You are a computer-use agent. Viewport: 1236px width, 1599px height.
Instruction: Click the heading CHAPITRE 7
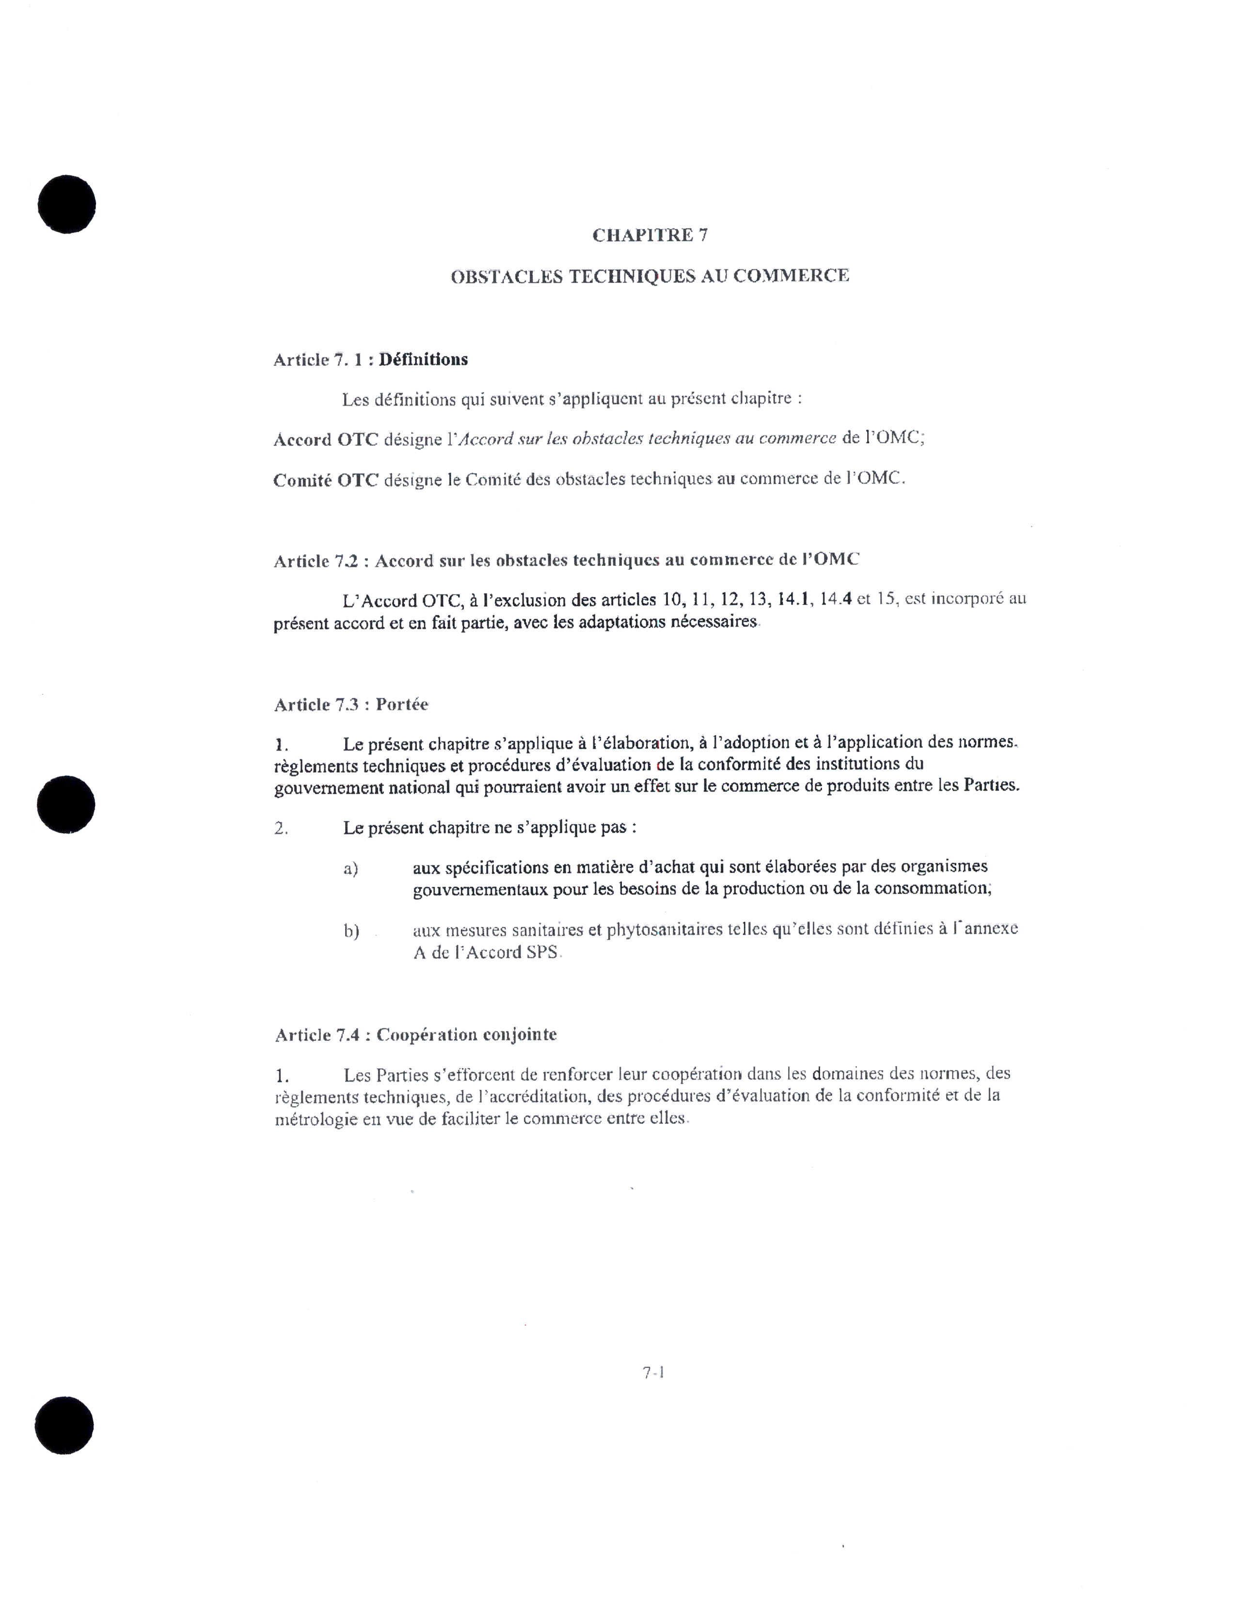tap(650, 235)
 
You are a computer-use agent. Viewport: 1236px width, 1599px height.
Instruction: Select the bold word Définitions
tap(423, 360)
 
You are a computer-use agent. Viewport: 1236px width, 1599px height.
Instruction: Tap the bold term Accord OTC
tap(326, 439)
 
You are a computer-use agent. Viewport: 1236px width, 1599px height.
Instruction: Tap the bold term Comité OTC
tap(326, 480)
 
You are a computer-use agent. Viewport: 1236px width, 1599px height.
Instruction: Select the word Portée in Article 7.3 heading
tap(402, 705)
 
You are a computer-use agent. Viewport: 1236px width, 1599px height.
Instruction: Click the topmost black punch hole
tap(66, 204)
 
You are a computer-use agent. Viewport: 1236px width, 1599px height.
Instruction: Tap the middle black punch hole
tap(66, 805)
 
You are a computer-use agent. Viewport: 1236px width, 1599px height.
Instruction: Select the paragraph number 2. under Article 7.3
tap(281, 829)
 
